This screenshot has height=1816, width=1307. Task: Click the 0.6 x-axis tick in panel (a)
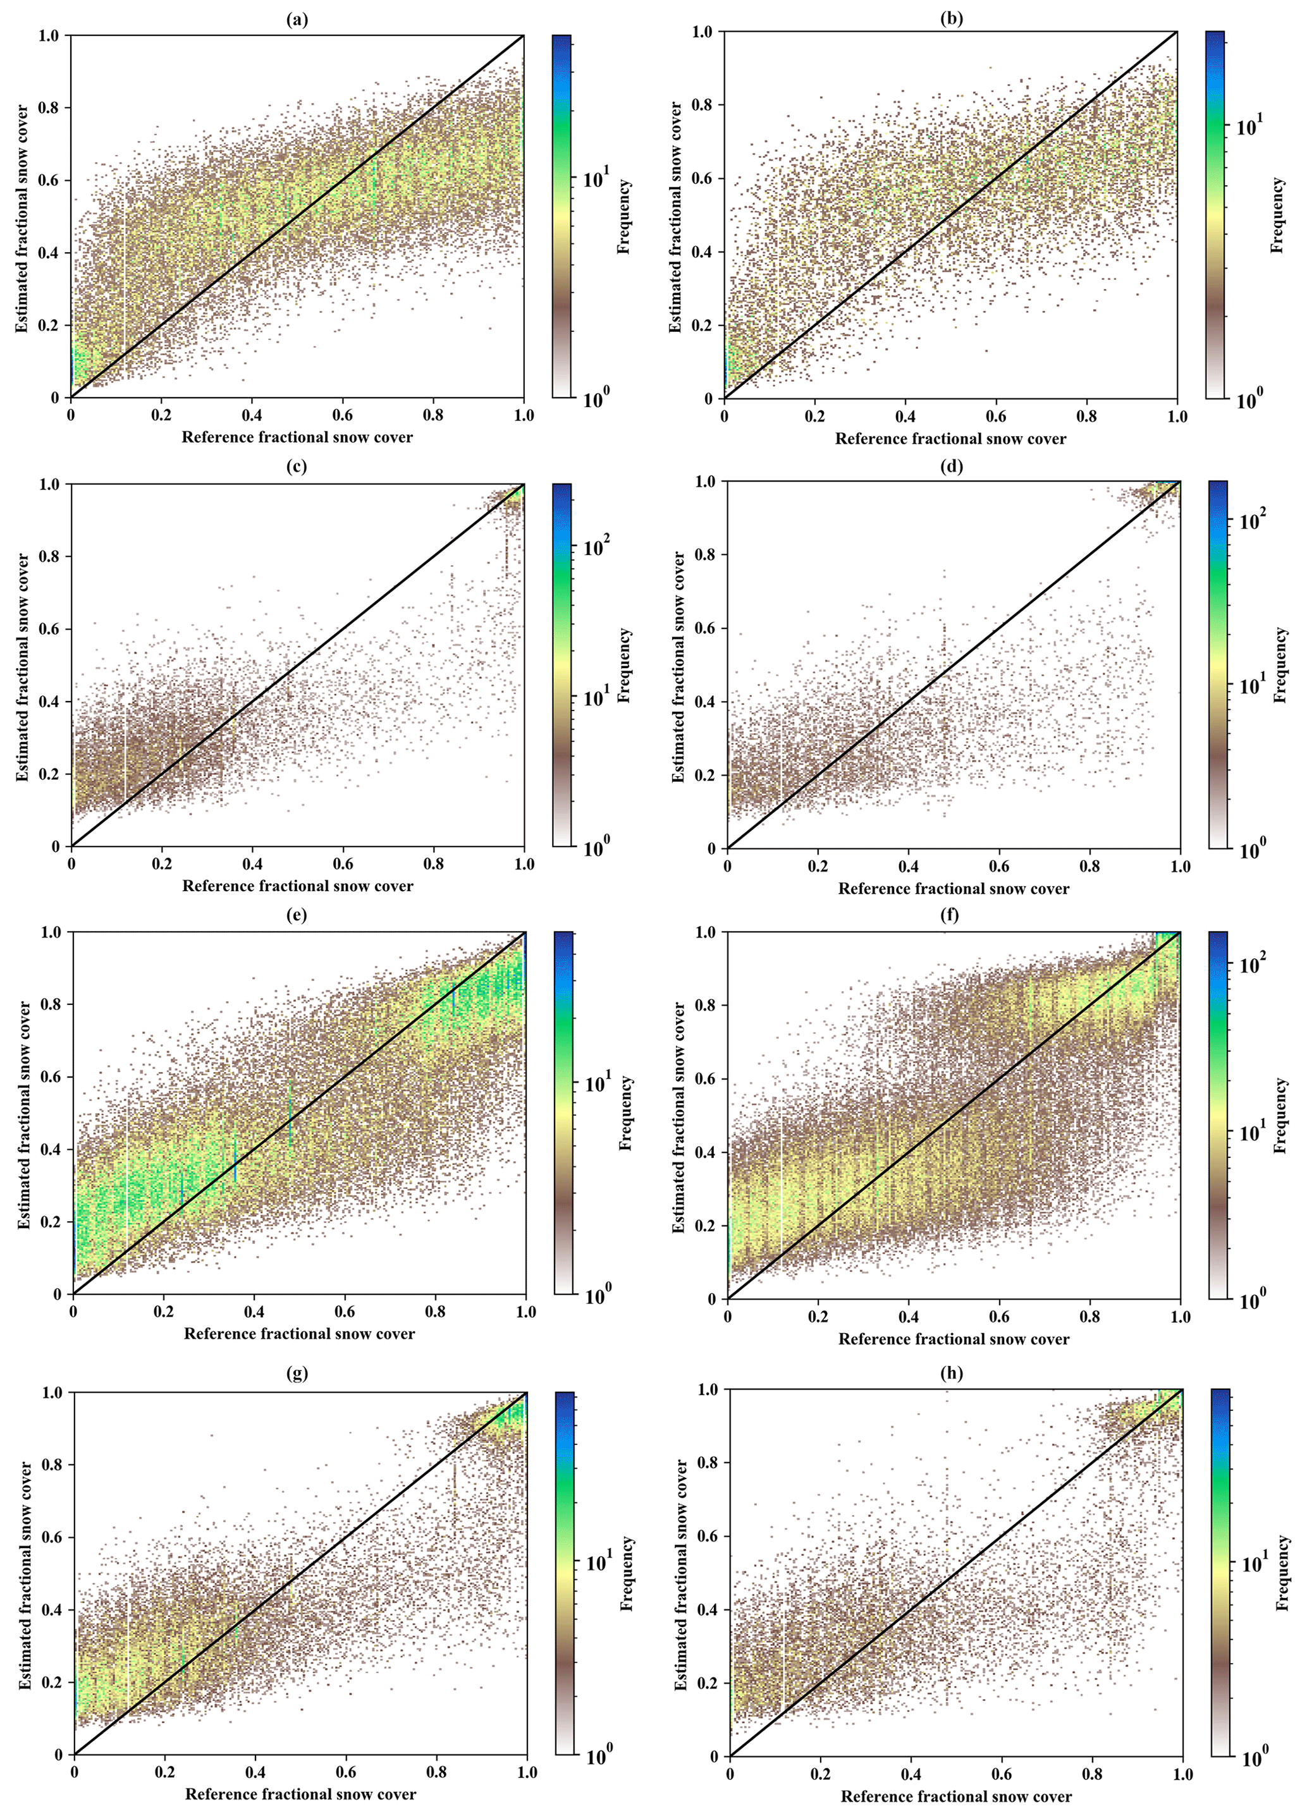click(343, 415)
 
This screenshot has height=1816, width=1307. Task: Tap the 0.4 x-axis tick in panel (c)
click(253, 864)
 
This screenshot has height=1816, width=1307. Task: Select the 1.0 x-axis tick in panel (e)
click(526, 1312)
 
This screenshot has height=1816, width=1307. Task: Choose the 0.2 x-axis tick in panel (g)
click(165, 1772)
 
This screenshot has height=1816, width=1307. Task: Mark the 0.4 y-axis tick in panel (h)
click(706, 1609)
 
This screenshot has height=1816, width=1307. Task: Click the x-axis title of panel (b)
click(950, 439)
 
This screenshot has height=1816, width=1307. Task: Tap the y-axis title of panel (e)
click(25, 1113)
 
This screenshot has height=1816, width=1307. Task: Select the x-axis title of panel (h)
click(955, 1797)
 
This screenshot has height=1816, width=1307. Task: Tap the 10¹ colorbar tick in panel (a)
click(596, 178)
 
